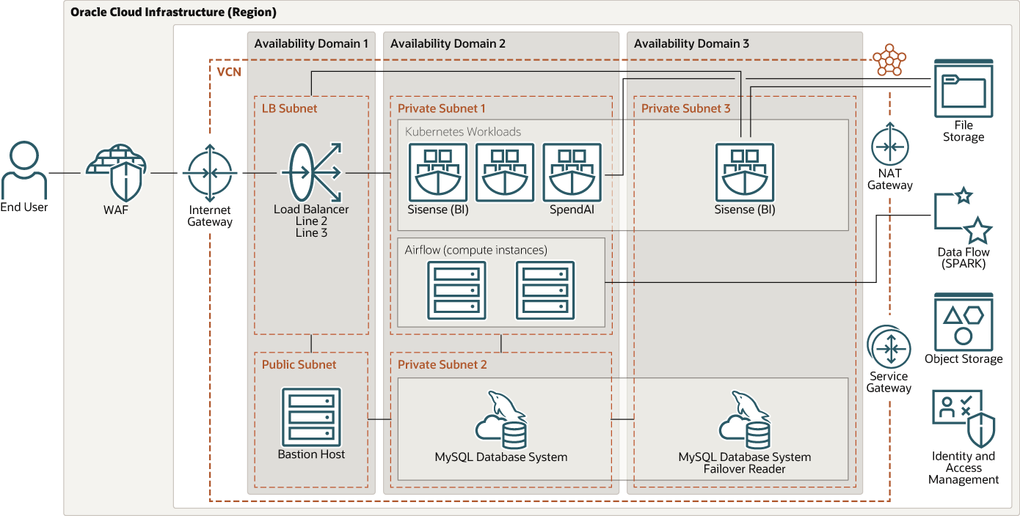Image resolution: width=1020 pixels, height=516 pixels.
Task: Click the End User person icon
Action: (23, 170)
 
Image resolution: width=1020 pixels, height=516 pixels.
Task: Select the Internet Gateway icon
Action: (210, 174)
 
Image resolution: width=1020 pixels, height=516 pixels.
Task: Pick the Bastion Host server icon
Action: (311, 415)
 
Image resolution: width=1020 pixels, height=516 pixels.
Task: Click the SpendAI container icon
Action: (572, 172)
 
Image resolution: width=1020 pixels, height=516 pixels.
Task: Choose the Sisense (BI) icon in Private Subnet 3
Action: (744, 172)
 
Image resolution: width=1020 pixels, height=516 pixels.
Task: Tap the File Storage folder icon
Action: (963, 89)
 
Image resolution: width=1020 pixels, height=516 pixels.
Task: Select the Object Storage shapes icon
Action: (963, 322)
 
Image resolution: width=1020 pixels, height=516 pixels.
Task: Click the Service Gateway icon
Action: (889, 347)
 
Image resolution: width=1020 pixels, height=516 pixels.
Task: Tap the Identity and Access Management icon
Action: (963, 419)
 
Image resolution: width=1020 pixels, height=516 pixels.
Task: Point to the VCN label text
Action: (229, 72)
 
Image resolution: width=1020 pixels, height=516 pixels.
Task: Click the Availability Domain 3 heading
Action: (691, 44)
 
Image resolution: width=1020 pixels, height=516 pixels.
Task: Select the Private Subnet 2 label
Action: (442, 364)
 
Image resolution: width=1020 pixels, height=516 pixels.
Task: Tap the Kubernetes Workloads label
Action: (463, 132)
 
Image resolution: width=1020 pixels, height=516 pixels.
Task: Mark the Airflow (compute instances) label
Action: (476, 250)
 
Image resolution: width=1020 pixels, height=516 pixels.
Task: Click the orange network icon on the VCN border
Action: (889, 59)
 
